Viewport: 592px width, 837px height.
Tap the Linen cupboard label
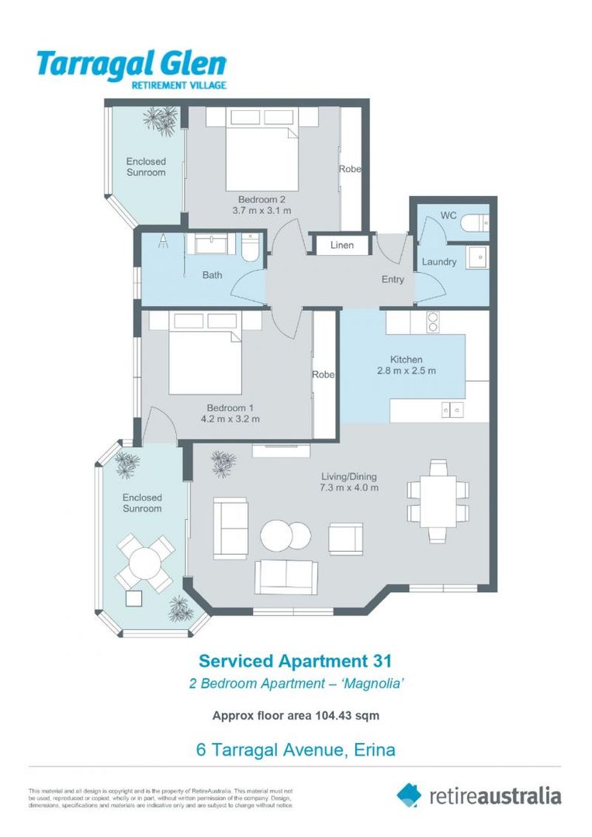point(342,245)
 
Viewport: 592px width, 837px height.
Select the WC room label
point(448,215)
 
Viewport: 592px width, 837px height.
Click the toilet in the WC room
point(474,224)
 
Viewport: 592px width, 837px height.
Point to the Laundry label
point(439,262)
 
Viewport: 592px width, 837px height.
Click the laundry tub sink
point(476,257)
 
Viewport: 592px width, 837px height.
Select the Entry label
point(393,279)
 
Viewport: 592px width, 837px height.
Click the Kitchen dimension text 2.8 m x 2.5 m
point(407,370)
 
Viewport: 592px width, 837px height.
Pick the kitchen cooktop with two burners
point(433,321)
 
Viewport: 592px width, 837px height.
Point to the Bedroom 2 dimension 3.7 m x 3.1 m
point(262,210)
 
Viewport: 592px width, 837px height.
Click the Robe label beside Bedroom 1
point(323,374)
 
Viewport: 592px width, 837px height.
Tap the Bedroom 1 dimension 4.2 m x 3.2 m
point(230,419)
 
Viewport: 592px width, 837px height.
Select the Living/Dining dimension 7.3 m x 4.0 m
point(349,487)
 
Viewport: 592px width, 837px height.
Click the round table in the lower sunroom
point(144,562)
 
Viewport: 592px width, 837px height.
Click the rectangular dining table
point(438,501)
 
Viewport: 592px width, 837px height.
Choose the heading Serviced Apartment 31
point(296,661)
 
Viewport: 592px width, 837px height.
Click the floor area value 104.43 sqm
point(346,715)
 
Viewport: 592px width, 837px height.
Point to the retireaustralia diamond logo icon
point(409,795)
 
